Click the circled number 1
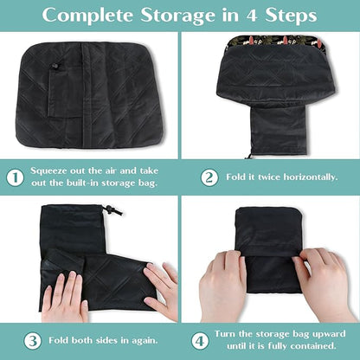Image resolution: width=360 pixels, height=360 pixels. click(15, 177)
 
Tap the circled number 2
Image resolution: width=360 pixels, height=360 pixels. click(209, 177)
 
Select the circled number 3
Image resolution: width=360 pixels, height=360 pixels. click(33, 341)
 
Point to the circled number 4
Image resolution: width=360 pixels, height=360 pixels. click(200, 341)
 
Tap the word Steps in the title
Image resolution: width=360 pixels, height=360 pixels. click(291, 15)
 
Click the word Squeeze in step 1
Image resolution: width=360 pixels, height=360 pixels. click(48, 171)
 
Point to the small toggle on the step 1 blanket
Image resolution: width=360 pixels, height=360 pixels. click(55, 66)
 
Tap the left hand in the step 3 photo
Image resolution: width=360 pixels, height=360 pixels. click(65, 297)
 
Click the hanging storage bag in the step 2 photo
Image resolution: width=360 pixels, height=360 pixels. click(278, 132)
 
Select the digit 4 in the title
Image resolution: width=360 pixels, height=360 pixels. click(252, 16)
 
